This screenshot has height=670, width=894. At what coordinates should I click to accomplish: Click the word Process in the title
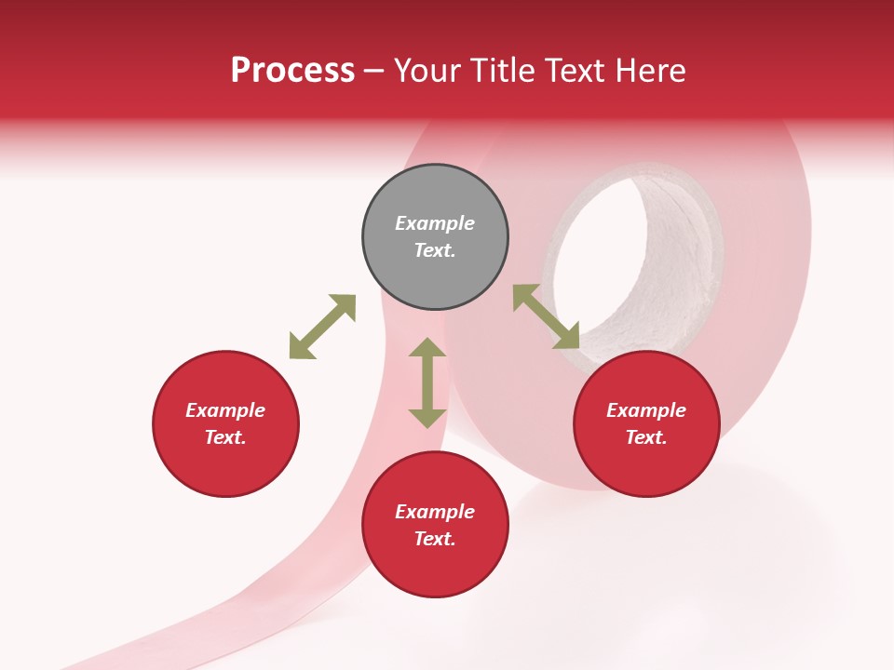[292, 71]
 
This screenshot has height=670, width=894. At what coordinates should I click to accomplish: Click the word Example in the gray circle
[435, 223]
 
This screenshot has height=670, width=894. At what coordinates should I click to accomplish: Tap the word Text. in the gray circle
[435, 250]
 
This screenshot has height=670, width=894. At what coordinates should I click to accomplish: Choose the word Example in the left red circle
[225, 410]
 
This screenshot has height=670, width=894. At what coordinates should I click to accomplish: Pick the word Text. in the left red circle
[225, 437]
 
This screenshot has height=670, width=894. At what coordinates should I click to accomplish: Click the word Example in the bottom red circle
[435, 512]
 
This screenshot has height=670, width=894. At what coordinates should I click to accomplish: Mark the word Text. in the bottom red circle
[435, 539]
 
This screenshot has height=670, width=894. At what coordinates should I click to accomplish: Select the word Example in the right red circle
[646, 410]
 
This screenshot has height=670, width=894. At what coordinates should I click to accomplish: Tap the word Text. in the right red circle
[646, 437]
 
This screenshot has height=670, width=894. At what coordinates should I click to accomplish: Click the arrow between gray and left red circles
[322, 327]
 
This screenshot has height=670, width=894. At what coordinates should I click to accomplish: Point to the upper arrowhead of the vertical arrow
[427, 350]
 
